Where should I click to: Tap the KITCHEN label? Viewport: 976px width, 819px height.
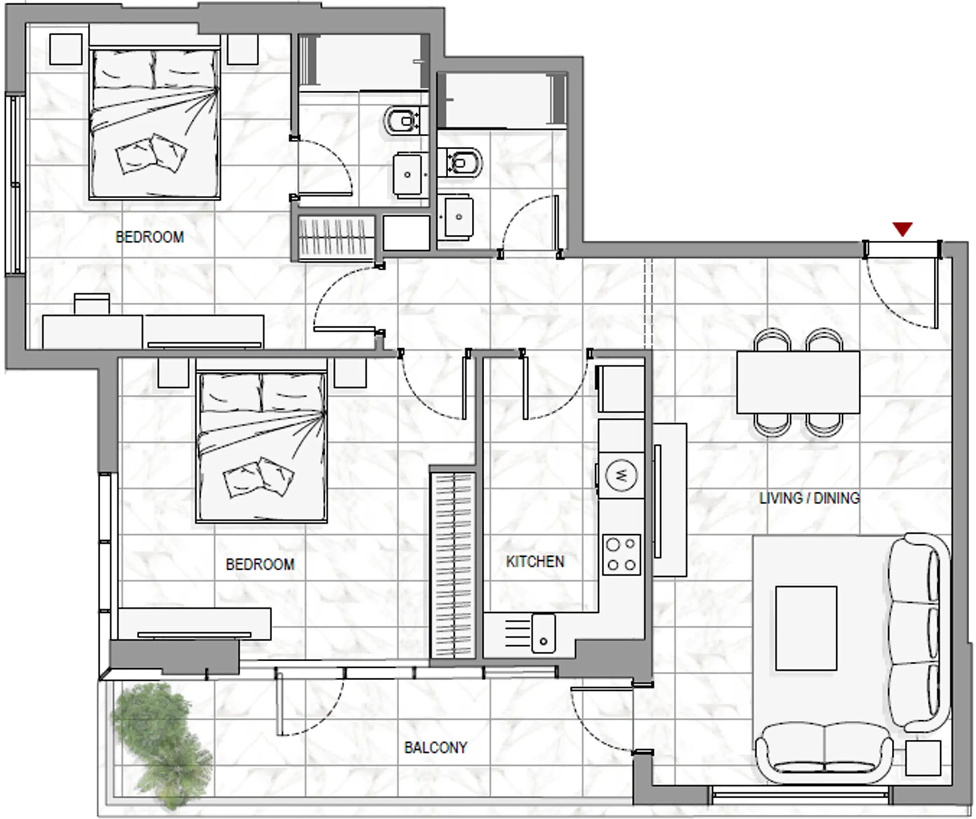(535, 562)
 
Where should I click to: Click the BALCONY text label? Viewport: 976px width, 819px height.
(435, 747)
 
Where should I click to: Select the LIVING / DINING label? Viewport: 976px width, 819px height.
(809, 498)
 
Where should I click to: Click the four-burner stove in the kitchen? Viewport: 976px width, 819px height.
(622, 555)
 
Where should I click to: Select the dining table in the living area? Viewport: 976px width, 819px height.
(798, 382)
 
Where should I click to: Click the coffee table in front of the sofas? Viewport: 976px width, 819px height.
(806, 628)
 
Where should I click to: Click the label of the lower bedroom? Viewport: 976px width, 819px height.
(260, 564)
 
